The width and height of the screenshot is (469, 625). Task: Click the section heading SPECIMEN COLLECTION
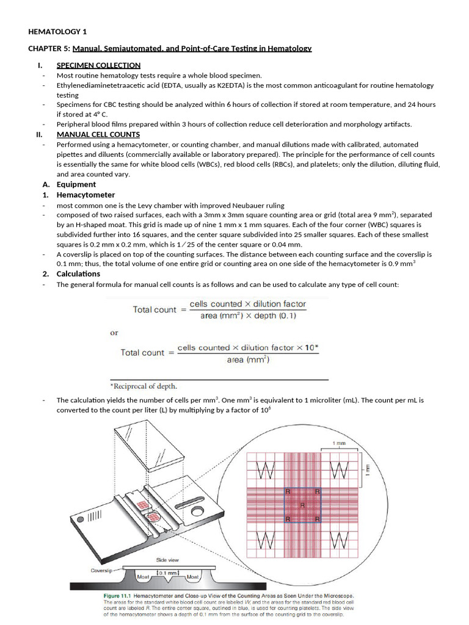(x=98, y=65)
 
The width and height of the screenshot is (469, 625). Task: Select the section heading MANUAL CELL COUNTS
(x=98, y=134)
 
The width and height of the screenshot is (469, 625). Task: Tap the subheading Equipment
(x=76, y=184)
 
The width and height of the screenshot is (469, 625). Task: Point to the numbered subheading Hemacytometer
(x=85, y=195)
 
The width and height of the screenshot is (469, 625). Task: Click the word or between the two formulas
(x=114, y=333)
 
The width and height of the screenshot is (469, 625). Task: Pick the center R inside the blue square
(x=302, y=505)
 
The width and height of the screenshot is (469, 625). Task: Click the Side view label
(x=167, y=560)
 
